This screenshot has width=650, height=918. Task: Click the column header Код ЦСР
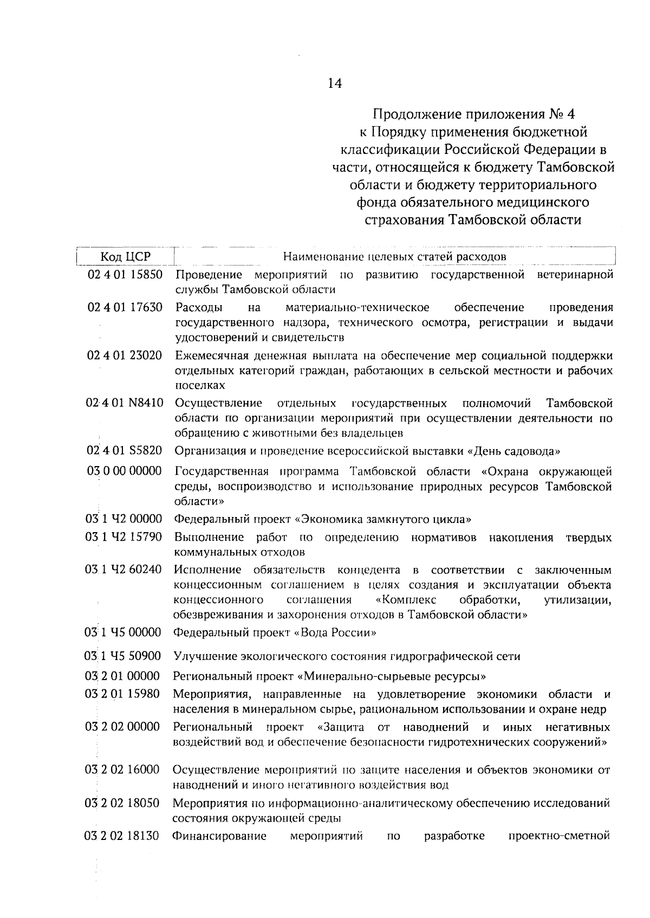tap(126, 256)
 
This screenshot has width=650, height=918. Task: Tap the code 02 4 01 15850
tap(125, 275)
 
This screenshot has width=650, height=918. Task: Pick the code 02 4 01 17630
tap(125, 308)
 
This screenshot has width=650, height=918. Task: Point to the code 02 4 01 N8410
tap(125, 404)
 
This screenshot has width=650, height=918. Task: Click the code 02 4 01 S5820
tap(125, 451)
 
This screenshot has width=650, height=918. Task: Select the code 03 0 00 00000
tap(124, 471)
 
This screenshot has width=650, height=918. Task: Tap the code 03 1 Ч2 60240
tap(123, 570)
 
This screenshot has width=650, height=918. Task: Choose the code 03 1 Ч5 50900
tap(123, 656)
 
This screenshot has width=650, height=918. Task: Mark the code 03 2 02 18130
tap(122, 836)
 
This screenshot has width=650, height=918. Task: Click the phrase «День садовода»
tap(513, 451)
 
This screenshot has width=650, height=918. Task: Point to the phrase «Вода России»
tap(335, 633)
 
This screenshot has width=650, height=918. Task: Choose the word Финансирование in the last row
tap(219, 836)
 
